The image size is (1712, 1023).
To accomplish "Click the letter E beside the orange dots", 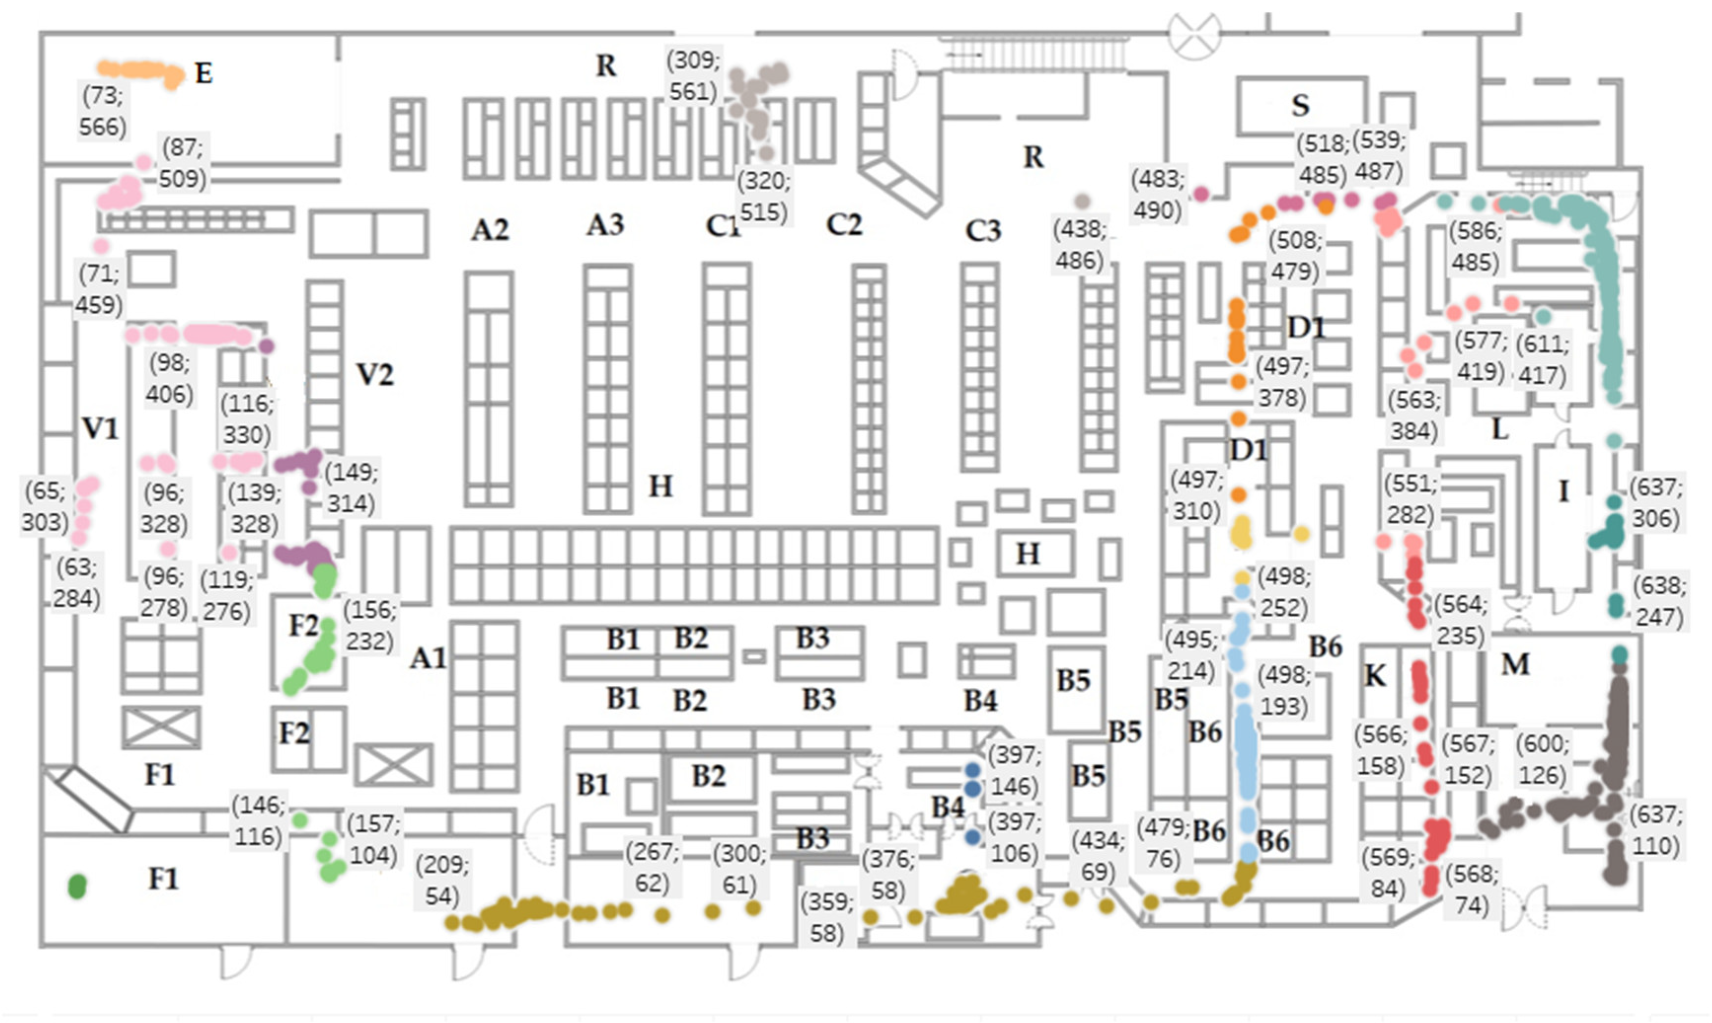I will click(x=203, y=73).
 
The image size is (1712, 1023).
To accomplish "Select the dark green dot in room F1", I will click(x=77, y=886).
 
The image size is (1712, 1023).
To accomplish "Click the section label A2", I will click(x=490, y=229).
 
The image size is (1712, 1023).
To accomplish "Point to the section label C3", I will click(x=983, y=231).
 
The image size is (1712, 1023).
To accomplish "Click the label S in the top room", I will click(x=1300, y=106).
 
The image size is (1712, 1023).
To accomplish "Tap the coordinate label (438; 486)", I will click(x=1079, y=245).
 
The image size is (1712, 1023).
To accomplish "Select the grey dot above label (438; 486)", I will click(x=1082, y=201).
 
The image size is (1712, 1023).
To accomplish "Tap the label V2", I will click(x=375, y=375).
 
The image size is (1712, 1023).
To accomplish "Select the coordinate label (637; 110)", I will click(x=1655, y=830).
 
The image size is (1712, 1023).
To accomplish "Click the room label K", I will click(x=1375, y=676).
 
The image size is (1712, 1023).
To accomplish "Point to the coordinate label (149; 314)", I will click(x=351, y=488).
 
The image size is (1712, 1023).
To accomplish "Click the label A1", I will click(x=428, y=659).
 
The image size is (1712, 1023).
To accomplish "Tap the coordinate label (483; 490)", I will click(x=1158, y=194).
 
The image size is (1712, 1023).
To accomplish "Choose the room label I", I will click(x=1563, y=492).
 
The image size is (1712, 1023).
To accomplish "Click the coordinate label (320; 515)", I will click(x=764, y=196).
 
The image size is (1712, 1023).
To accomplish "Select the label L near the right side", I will click(x=1500, y=430).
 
